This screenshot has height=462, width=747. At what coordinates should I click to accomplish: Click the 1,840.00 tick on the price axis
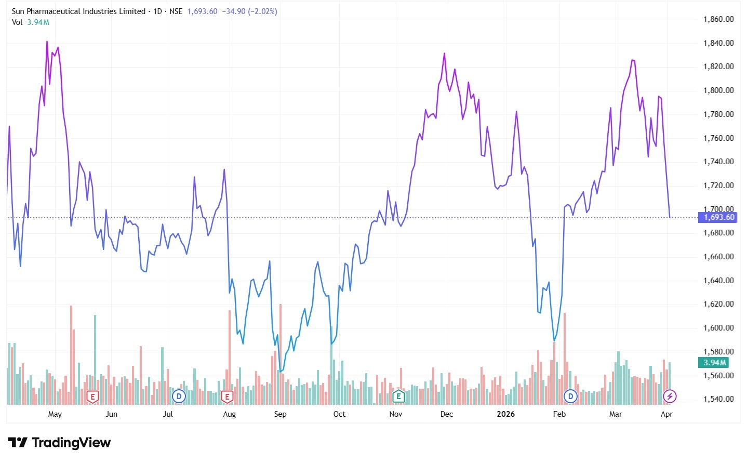pos(718,43)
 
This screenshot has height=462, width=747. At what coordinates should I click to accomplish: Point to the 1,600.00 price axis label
pos(718,328)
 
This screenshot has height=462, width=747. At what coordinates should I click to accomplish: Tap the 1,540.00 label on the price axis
pos(718,399)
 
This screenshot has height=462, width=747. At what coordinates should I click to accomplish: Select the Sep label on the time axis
pos(280,414)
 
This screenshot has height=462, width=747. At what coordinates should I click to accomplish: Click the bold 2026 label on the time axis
pos(505,414)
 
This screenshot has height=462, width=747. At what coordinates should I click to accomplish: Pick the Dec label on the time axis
pos(446,414)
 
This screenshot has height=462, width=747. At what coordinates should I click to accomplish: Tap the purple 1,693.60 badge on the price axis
pos(719,217)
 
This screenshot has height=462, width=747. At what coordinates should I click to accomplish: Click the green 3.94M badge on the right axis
pos(715,363)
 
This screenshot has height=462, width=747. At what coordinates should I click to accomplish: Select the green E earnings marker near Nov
pos(398,397)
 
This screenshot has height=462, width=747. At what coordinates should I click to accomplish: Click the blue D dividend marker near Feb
pos(570,397)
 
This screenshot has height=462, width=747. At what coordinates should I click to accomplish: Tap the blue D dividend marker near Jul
pos(179,397)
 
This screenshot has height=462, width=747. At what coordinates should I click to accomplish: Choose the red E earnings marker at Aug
pos(226,397)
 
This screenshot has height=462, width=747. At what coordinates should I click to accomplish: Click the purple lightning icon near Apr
pos(670,397)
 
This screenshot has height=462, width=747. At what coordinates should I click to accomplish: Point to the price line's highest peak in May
pos(47,42)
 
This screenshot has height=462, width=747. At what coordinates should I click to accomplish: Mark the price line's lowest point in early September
pos(280,372)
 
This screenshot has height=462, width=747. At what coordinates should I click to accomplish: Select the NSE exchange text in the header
pos(176,11)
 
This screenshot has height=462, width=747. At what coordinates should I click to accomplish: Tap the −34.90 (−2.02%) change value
pos(249,11)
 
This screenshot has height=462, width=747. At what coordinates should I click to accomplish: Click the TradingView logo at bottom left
pos(60,443)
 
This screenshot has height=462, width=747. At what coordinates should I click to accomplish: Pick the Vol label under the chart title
pos(17,22)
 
